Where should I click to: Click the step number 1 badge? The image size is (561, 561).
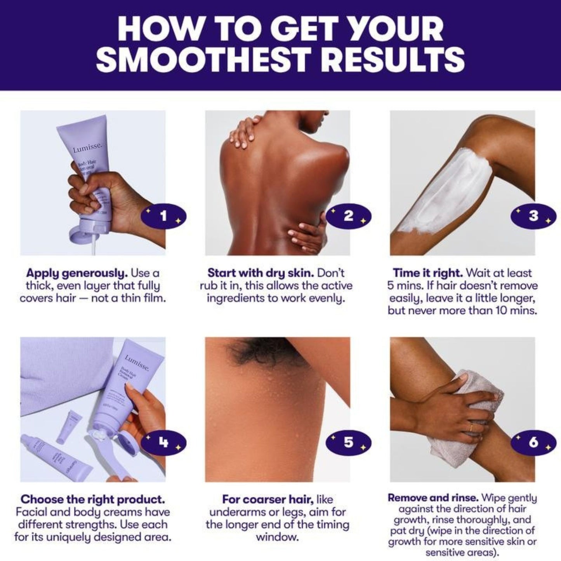[x=163, y=216]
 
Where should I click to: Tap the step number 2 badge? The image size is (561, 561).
[x=348, y=216]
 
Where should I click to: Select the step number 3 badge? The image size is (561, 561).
[x=533, y=216]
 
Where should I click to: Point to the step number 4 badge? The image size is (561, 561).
[x=163, y=442]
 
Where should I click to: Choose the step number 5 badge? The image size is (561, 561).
[x=348, y=442]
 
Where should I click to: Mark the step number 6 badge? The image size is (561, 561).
[x=533, y=442]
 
